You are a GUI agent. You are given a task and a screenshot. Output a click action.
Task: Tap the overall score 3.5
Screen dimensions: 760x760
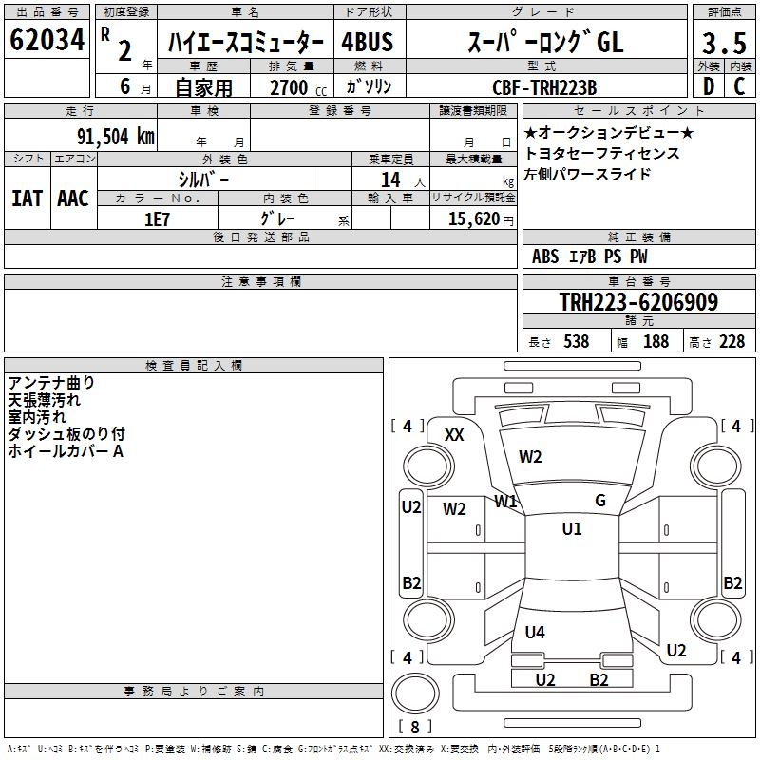[x=722, y=43]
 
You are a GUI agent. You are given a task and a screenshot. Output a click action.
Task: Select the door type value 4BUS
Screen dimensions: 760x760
[x=367, y=42]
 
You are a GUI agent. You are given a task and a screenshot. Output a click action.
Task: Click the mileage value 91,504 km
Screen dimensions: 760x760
[x=115, y=136]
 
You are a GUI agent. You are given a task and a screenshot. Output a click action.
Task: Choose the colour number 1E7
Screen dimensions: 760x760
[x=157, y=219]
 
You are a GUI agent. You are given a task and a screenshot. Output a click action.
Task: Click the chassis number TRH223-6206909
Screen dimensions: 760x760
[x=638, y=303]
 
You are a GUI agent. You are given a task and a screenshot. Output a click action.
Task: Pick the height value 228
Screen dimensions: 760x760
[x=731, y=341]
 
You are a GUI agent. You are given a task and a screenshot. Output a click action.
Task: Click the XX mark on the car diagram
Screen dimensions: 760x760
[x=454, y=435]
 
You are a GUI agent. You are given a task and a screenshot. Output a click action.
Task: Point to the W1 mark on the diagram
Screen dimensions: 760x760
[x=505, y=501]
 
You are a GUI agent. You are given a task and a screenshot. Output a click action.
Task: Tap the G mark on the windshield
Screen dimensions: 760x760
[x=600, y=501]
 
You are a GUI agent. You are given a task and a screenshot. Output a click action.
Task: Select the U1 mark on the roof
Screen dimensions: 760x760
[x=572, y=529]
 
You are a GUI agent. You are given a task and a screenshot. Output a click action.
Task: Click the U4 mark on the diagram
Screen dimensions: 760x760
[x=535, y=632]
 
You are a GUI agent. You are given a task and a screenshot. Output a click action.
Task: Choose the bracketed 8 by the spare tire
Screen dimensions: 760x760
[x=415, y=728]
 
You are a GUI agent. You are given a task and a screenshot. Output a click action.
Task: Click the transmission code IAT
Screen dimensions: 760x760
[x=27, y=199]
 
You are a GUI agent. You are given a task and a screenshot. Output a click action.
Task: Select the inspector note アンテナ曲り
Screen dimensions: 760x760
[x=51, y=383]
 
